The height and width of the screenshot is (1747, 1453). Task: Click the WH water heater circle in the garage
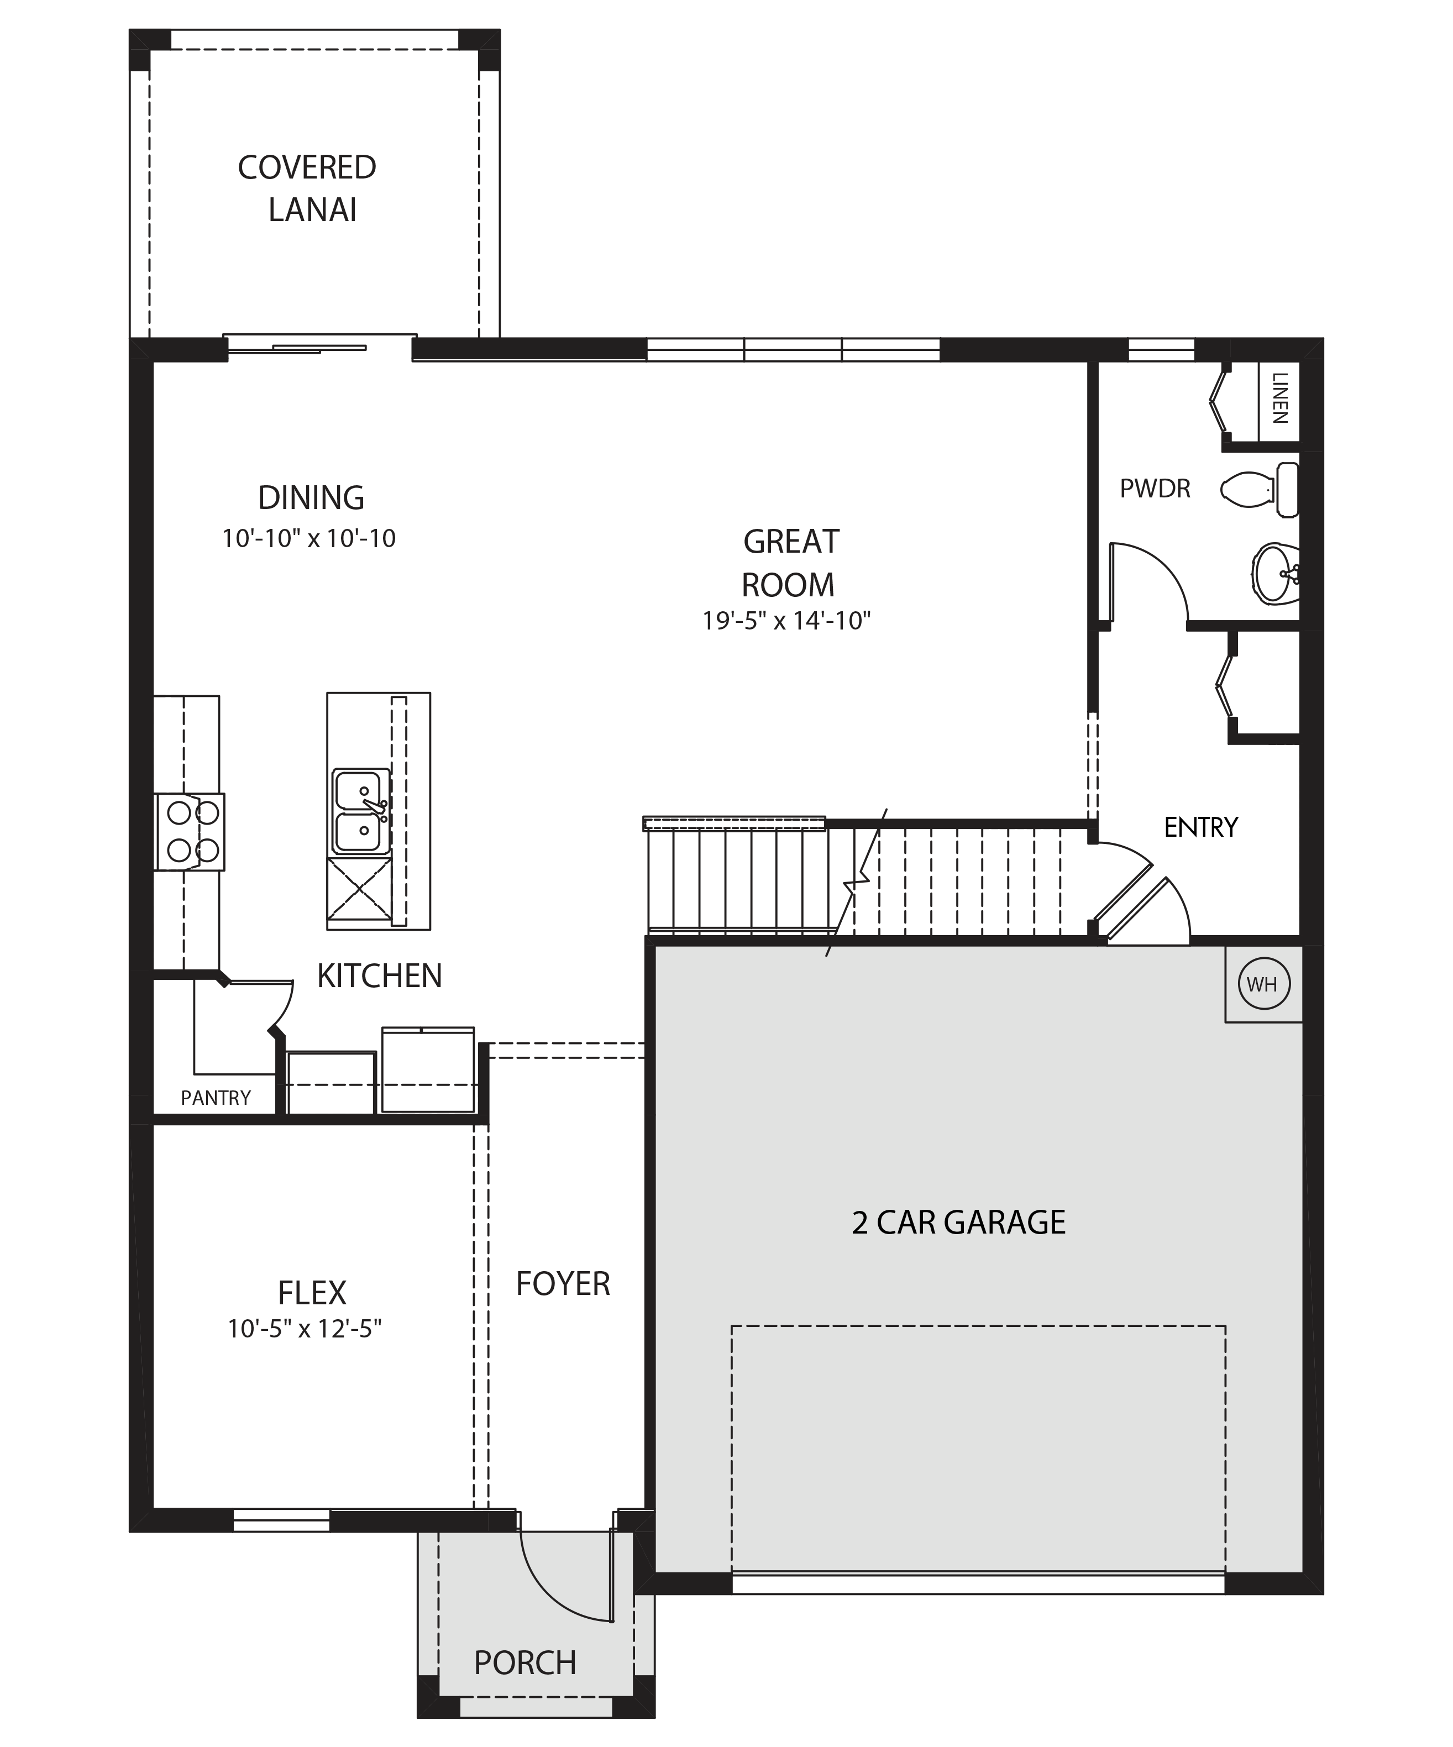(x=1262, y=984)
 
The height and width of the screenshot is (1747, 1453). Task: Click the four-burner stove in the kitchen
(x=190, y=832)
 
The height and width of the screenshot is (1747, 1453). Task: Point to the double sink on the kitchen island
(x=361, y=811)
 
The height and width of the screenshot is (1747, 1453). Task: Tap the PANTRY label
(x=216, y=1098)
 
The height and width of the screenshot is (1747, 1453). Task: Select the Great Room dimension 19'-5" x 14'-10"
(x=786, y=621)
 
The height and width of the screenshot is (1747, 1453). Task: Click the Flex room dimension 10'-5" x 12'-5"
(x=305, y=1329)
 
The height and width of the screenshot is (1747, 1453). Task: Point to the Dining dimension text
(x=308, y=538)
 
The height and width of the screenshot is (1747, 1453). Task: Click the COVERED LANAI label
(x=308, y=189)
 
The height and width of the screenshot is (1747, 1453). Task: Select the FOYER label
(x=563, y=1284)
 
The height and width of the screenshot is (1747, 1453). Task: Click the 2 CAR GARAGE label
(x=958, y=1222)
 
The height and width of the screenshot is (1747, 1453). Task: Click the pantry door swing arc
(x=285, y=1010)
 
